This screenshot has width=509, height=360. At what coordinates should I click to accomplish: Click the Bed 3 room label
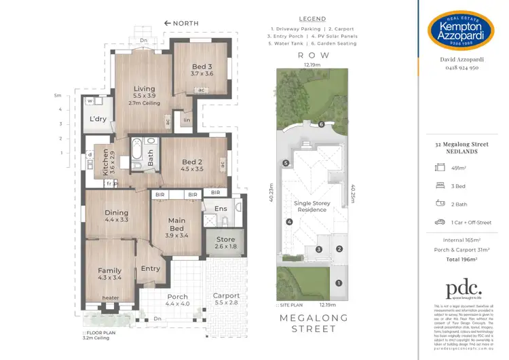point(202,65)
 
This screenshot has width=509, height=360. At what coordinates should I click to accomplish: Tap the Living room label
point(144,88)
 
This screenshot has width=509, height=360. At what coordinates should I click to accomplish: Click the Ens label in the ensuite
point(221,209)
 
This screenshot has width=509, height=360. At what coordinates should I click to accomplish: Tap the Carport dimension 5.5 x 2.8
point(226,304)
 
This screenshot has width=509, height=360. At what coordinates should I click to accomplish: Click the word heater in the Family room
point(109,298)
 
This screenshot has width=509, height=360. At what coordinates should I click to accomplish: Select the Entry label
point(150,268)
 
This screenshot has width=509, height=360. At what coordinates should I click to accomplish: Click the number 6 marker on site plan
point(322,124)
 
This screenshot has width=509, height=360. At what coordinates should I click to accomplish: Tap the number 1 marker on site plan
point(340,283)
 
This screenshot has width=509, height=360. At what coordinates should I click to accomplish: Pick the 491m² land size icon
point(439,168)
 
